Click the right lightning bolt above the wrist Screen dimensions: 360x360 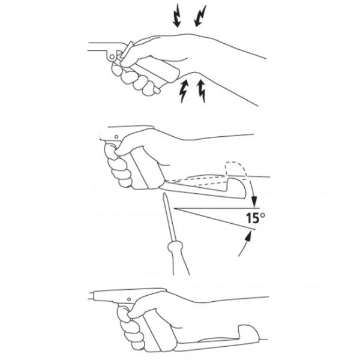200,16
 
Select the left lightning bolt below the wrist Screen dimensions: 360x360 184,91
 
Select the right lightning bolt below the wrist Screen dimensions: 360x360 202,91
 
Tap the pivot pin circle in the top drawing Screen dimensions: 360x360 112,57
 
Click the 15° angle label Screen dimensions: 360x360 256,218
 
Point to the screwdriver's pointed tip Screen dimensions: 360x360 164,194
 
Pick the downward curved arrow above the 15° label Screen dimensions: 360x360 252,191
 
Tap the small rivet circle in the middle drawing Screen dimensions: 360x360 116,137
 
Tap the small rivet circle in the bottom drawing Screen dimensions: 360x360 129,299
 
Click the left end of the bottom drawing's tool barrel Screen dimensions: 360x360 90,295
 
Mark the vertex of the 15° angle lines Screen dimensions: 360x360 174,208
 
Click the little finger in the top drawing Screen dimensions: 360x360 150,91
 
